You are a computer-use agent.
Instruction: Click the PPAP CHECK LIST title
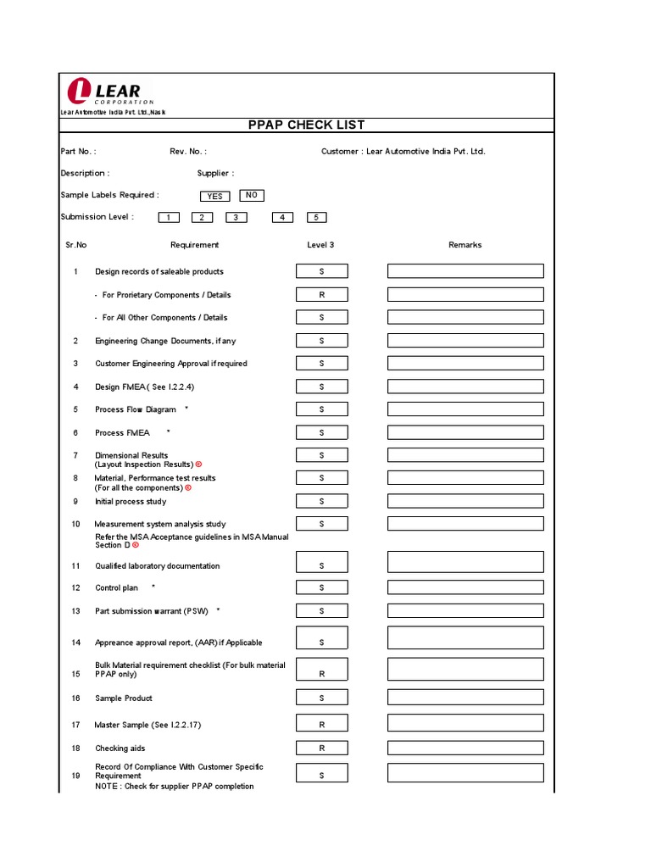(x=306, y=125)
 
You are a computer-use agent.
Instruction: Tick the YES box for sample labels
(x=215, y=196)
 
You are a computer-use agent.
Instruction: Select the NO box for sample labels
(x=252, y=195)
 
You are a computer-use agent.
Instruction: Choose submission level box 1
(x=169, y=218)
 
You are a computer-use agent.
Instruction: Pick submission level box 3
(x=236, y=218)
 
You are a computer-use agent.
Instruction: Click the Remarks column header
(x=465, y=245)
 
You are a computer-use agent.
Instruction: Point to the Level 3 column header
(x=320, y=245)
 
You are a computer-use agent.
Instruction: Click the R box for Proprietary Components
(x=321, y=295)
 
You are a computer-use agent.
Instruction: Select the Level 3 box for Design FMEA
(x=321, y=387)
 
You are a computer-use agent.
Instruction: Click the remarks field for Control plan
(x=465, y=587)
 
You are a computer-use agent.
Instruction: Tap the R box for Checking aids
(x=321, y=748)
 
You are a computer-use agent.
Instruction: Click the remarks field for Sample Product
(x=465, y=698)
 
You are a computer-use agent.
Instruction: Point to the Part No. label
(x=78, y=152)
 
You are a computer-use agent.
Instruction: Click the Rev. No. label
(x=188, y=152)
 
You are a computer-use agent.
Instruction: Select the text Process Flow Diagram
(x=136, y=409)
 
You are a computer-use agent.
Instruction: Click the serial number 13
(x=75, y=611)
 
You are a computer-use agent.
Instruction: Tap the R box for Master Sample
(x=321, y=725)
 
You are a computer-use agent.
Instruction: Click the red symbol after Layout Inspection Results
(x=199, y=465)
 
